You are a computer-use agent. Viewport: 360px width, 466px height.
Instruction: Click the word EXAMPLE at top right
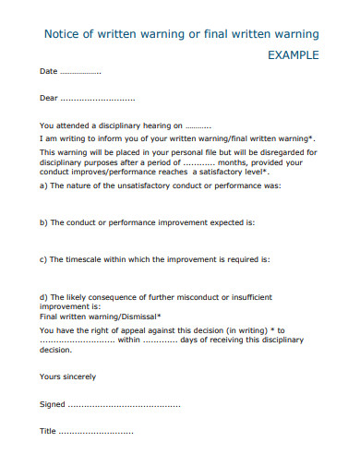click(x=293, y=55)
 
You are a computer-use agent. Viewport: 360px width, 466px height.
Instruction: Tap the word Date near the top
click(x=48, y=71)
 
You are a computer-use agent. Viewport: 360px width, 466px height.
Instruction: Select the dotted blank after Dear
click(x=98, y=98)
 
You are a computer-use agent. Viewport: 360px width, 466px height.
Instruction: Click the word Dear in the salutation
click(x=49, y=98)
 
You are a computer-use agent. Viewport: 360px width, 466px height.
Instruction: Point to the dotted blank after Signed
click(x=125, y=404)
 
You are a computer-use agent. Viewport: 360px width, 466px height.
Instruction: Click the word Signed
click(x=53, y=404)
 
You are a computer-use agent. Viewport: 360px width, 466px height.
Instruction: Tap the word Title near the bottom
click(x=48, y=432)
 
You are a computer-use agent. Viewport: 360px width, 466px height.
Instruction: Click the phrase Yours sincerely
click(x=67, y=376)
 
